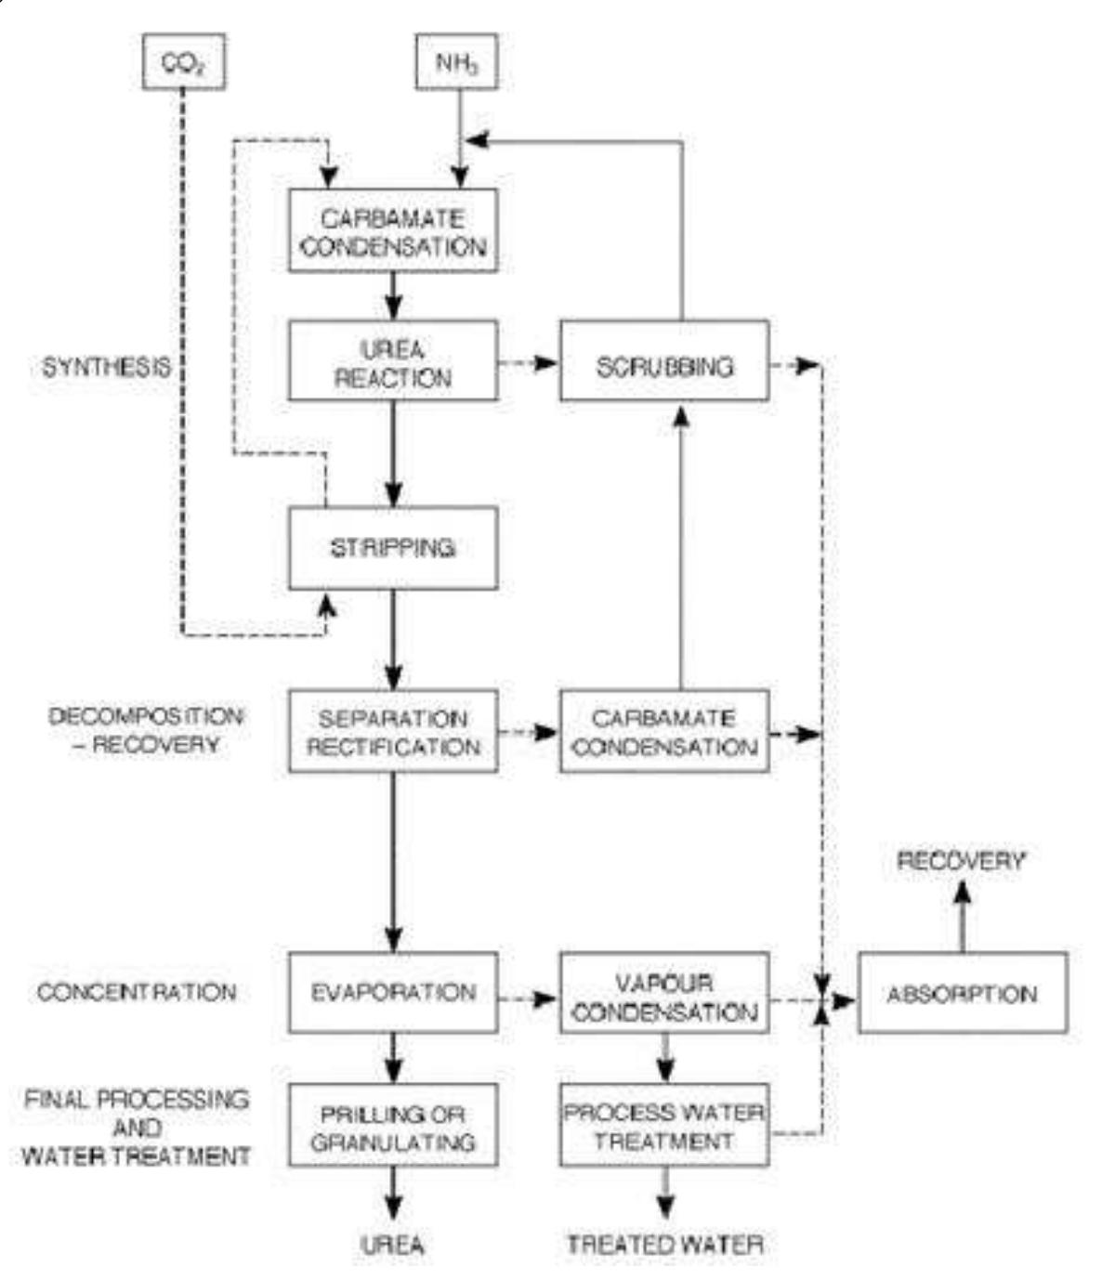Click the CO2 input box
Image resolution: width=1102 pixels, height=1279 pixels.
pyautogui.click(x=183, y=62)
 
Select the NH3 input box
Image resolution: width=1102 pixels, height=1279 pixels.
pyautogui.click(x=455, y=62)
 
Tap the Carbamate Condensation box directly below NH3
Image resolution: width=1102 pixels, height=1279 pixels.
pyautogui.click(x=392, y=231)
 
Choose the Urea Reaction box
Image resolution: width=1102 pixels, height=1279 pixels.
pyautogui.click(x=392, y=361)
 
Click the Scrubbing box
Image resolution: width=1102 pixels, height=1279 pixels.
pyautogui.click(x=663, y=361)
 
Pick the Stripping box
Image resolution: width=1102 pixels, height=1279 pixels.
pyautogui.click(x=392, y=548)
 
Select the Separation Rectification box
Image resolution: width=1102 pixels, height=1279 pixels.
pyautogui.click(x=392, y=732)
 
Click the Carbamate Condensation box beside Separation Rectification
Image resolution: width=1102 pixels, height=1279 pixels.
pyautogui.click(x=663, y=732)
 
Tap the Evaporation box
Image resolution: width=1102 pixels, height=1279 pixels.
pyautogui.click(x=392, y=993)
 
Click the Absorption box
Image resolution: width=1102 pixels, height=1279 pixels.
pyautogui.click(x=962, y=993)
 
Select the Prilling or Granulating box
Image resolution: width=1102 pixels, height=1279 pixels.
pyautogui.click(x=392, y=1126)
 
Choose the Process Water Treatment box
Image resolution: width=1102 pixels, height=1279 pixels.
pyautogui.click(x=663, y=1126)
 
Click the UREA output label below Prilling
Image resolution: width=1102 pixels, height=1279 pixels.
pyautogui.click(x=392, y=1245)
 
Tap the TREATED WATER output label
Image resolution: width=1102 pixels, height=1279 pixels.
pyautogui.click(x=665, y=1245)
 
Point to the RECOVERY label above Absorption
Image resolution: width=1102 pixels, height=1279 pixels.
pyautogui.click(x=961, y=861)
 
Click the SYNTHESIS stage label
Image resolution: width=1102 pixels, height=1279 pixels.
pyautogui.click(x=107, y=367)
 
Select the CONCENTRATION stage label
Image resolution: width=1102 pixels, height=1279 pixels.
pyautogui.click(x=137, y=992)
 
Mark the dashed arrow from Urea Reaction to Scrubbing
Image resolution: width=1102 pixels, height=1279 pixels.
pyautogui.click(x=528, y=363)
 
